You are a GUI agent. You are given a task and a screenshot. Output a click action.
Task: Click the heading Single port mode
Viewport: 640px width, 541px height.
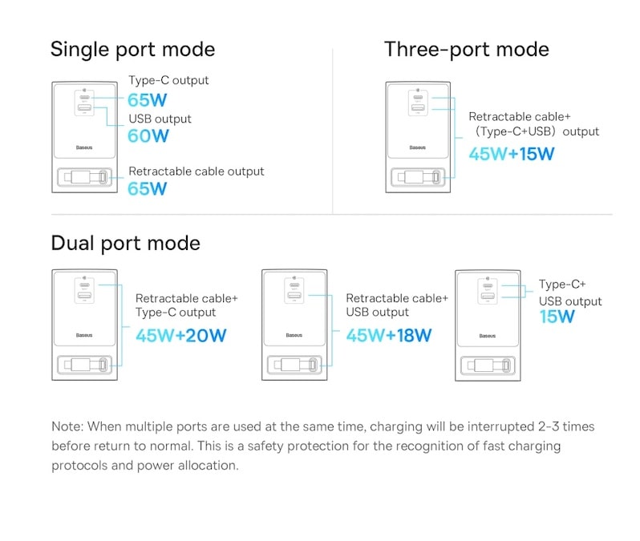tap(132, 50)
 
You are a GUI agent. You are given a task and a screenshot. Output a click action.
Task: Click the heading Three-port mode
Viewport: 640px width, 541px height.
tap(467, 50)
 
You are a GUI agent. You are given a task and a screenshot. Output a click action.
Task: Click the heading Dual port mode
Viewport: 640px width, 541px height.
tap(126, 244)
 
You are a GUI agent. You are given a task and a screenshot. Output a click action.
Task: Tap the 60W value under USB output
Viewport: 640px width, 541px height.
tap(148, 136)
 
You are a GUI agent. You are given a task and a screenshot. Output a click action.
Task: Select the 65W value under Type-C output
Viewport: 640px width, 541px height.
tap(148, 100)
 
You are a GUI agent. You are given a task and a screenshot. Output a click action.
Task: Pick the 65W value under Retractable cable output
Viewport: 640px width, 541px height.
tap(148, 189)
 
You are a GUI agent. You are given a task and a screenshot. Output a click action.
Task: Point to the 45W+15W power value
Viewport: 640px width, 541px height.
tap(512, 154)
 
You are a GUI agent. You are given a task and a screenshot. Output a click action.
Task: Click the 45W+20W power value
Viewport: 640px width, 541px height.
tap(180, 336)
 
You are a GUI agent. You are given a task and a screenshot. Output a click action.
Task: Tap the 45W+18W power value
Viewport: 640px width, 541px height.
tap(388, 336)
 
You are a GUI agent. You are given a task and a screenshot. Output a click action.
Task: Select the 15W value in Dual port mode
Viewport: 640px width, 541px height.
tap(557, 317)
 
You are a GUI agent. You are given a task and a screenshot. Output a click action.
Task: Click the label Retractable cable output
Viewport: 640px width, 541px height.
tap(196, 172)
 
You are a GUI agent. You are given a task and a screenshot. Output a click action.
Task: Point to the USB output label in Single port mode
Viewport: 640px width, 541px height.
tap(160, 119)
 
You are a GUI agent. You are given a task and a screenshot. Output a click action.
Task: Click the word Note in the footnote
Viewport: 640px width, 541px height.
tap(67, 426)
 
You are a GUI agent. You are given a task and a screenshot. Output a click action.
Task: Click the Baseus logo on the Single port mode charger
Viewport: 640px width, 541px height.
tap(84, 147)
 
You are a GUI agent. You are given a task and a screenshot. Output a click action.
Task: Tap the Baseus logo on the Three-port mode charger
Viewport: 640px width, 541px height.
tap(418, 147)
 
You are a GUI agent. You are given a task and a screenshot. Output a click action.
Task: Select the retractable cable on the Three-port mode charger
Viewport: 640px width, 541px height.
tap(418, 177)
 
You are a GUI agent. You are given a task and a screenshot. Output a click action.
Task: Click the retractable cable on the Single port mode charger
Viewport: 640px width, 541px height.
tap(84, 177)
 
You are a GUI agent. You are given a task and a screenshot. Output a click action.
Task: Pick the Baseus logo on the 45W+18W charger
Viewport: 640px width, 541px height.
tap(294, 335)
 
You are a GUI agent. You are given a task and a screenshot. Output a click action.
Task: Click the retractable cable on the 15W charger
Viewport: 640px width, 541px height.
tap(488, 365)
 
